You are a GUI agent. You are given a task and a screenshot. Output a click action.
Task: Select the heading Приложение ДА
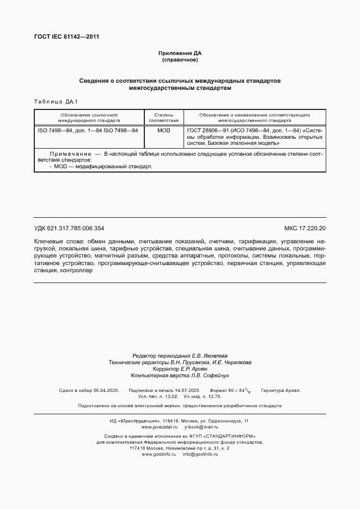click(x=180, y=53)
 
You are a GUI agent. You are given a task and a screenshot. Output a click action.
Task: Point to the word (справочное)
click(x=180, y=59)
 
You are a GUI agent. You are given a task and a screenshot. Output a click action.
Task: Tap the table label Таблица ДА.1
click(x=56, y=101)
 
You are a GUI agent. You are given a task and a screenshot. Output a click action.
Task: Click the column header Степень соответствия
click(x=163, y=118)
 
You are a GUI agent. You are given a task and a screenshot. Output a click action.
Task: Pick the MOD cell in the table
click(x=163, y=131)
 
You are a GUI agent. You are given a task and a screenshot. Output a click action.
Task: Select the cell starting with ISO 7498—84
click(x=87, y=131)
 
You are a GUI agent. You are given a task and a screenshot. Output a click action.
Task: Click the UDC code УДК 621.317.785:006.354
click(x=69, y=229)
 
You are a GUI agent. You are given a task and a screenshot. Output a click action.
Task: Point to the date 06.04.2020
click(x=107, y=391)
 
